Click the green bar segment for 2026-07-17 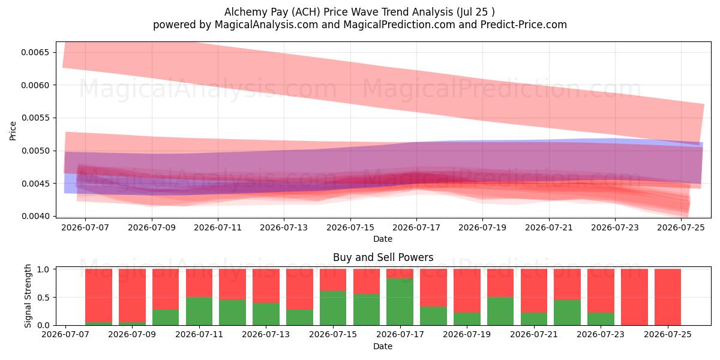400,302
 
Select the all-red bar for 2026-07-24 634,297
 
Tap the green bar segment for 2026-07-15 333,308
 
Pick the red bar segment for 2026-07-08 98,296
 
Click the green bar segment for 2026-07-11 199,311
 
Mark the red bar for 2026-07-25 668,297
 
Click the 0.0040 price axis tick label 35,217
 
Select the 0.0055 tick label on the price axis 35,118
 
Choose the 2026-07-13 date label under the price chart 284,227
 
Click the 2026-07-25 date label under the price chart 681,227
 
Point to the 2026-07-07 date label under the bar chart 65,334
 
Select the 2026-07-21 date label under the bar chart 534,334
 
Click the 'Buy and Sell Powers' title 383,257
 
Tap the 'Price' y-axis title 13,131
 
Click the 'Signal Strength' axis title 28,296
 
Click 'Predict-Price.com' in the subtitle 524,25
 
